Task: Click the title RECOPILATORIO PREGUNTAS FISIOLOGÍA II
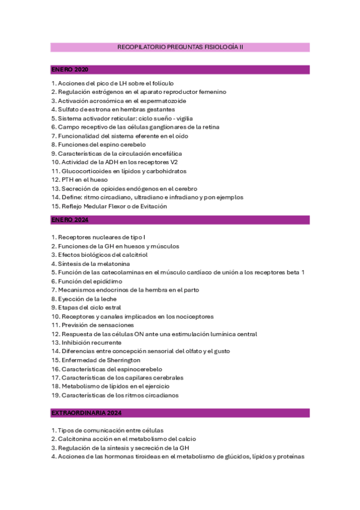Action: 180,47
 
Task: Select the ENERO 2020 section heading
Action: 69,70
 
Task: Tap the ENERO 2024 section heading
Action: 69,220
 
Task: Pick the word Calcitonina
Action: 76,439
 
